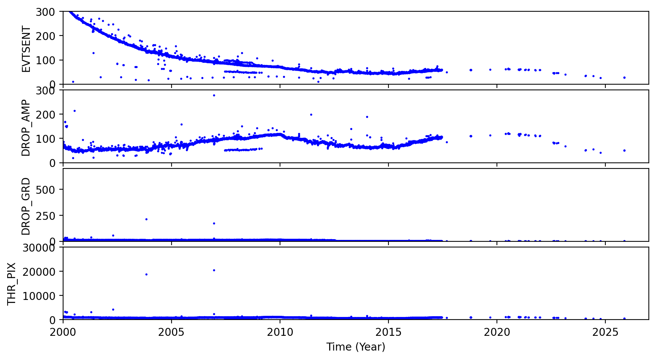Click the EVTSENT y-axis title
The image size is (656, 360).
point(26,49)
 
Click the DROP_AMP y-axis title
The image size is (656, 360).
point(26,128)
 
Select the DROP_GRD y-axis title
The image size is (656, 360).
point(26,206)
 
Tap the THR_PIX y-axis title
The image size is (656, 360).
point(12,284)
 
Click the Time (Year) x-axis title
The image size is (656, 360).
point(356,347)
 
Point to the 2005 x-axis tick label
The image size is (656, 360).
point(172,332)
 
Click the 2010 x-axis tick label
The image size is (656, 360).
point(280,332)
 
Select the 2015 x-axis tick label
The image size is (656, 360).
point(388,332)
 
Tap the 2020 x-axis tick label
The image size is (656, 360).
point(497,332)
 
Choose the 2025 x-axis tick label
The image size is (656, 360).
point(605,332)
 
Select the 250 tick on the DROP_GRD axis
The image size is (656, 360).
point(48,215)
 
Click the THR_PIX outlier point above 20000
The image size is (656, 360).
point(214,270)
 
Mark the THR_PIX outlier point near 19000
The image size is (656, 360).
point(146,274)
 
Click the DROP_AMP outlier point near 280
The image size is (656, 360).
point(214,95)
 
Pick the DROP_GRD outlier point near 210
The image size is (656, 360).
point(146,219)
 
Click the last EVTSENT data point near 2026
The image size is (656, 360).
point(624,77)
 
